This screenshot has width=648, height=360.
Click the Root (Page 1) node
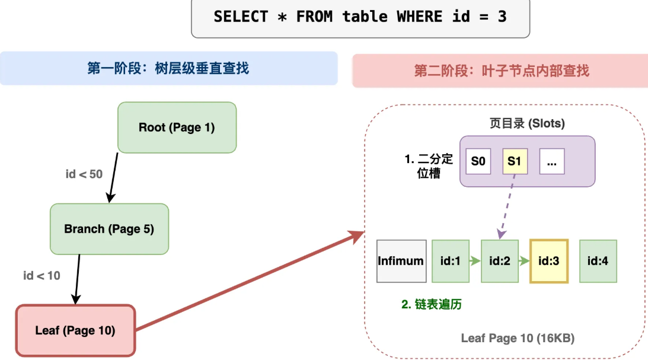click(177, 127)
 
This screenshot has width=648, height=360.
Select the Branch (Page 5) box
click(109, 229)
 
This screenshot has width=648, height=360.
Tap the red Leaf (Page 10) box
click(75, 330)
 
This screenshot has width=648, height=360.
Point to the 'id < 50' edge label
click(84, 174)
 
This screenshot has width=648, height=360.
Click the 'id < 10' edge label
click(42, 275)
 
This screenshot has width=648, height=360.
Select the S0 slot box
click(478, 161)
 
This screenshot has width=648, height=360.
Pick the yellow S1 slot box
click(515, 161)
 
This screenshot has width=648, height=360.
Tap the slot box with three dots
click(551, 161)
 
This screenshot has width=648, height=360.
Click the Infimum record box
click(401, 260)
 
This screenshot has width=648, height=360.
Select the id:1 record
click(451, 260)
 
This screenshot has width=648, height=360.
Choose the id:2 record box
click(500, 260)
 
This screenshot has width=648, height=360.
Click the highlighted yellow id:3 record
click(549, 260)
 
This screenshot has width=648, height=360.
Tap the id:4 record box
click(598, 260)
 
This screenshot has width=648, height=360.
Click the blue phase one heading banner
click(168, 68)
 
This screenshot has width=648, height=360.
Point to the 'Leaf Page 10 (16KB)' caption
click(518, 338)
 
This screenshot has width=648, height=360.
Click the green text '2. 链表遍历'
click(431, 304)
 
